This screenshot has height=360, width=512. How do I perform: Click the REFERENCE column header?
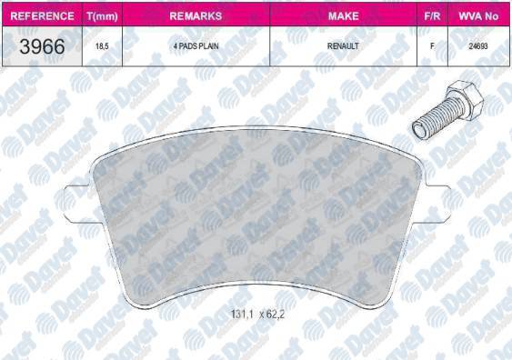point(42,16)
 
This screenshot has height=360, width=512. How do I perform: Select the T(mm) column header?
point(102,16)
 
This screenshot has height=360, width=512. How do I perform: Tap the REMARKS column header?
point(196,16)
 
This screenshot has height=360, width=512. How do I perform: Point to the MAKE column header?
point(343,16)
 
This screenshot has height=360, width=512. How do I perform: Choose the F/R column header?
point(432,16)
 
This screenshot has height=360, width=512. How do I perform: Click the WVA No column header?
point(478,16)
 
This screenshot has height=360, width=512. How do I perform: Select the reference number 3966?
point(42,46)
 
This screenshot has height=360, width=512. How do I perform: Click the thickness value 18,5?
point(102,46)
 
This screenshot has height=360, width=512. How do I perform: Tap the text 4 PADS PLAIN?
point(196,46)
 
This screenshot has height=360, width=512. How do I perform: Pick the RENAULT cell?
point(343,46)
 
